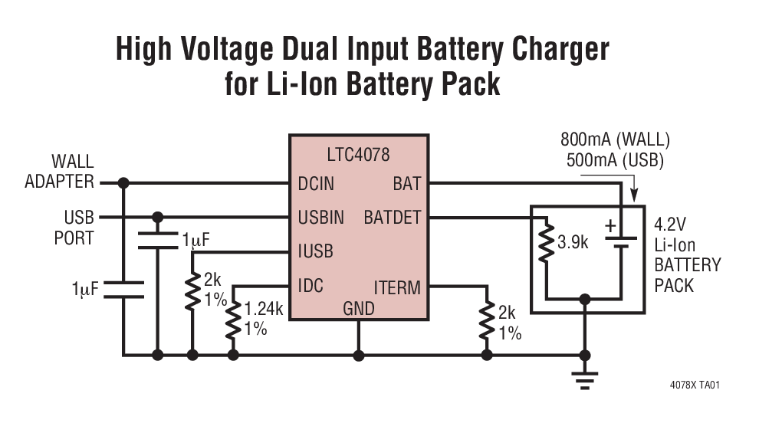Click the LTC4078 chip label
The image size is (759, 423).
click(x=357, y=155)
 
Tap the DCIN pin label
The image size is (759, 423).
click(x=316, y=184)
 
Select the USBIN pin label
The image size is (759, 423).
click(x=320, y=218)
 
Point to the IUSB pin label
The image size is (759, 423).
click(x=315, y=251)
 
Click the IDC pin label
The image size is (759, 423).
click(x=310, y=287)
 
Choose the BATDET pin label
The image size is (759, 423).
click(x=392, y=218)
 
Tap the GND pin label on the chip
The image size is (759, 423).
click(x=358, y=309)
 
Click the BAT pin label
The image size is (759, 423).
click(x=407, y=184)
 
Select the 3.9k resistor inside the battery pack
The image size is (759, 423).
click(x=545, y=244)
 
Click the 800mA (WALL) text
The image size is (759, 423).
click(x=615, y=141)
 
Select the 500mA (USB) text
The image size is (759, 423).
click(x=615, y=161)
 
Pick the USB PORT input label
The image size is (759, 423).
click(x=74, y=228)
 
